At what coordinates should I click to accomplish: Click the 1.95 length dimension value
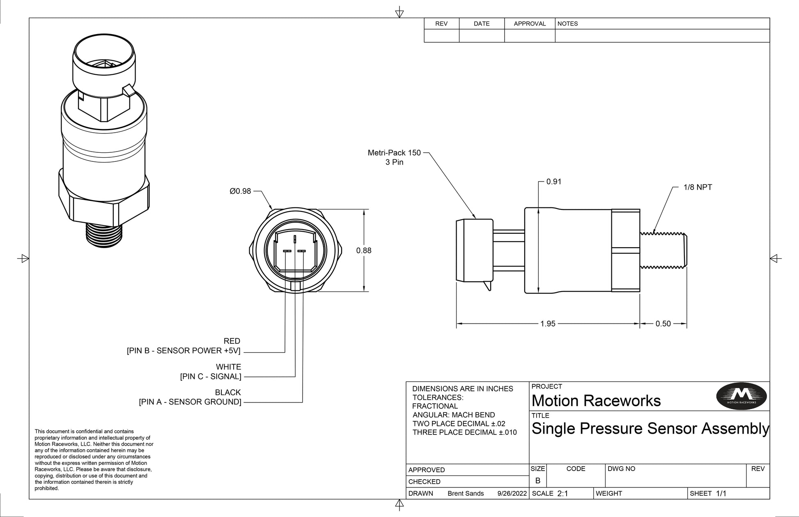coord(548,324)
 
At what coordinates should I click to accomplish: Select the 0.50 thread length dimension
coord(663,324)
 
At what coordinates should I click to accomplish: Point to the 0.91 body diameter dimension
coord(553,182)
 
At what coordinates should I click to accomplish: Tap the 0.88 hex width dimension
coord(363,250)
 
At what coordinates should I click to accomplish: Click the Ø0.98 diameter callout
coord(240,191)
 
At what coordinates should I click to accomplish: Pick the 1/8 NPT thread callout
coord(698,187)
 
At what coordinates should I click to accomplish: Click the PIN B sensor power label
coord(184,350)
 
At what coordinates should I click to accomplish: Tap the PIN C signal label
coord(211,376)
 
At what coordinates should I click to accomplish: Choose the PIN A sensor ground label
coord(190,402)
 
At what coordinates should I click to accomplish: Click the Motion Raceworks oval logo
coord(742,396)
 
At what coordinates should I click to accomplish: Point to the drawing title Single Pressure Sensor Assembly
coord(650,428)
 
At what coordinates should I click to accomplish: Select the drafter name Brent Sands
coord(466,493)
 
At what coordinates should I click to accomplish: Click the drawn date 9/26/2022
coord(512,493)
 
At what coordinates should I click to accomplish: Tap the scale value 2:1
coord(563,493)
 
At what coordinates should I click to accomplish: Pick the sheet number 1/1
coord(721,493)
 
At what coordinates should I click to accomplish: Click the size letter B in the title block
coord(538,480)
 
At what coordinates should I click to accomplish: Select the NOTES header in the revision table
coord(567,24)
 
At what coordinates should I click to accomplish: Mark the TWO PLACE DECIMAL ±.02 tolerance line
coord(459,423)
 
